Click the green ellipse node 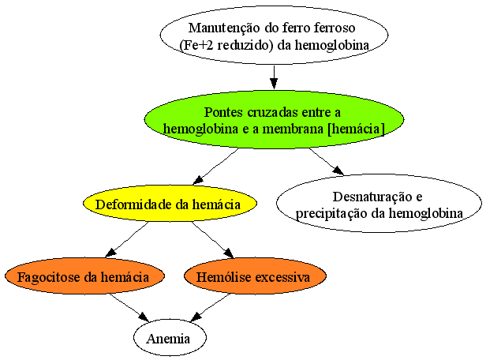click(x=274, y=120)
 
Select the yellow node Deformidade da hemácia click(x=170, y=204)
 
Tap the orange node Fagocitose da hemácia click(x=84, y=276)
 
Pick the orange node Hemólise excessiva click(x=255, y=276)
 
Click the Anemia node click(x=170, y=338)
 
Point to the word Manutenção click(x=224, y=28)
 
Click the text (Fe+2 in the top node click(x=196, y=45)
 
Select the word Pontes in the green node click(x=223, y=112)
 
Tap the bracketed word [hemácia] click(x=356, y=129)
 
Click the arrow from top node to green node click(x=274, y=77)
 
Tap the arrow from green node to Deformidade click(x=215, y=167)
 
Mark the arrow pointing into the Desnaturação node click(x=327, y=162)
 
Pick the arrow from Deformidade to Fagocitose click(x=127, y=240)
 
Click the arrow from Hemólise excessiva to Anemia click(x=210, y=308)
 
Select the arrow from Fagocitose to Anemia click(x=129, y=308)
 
